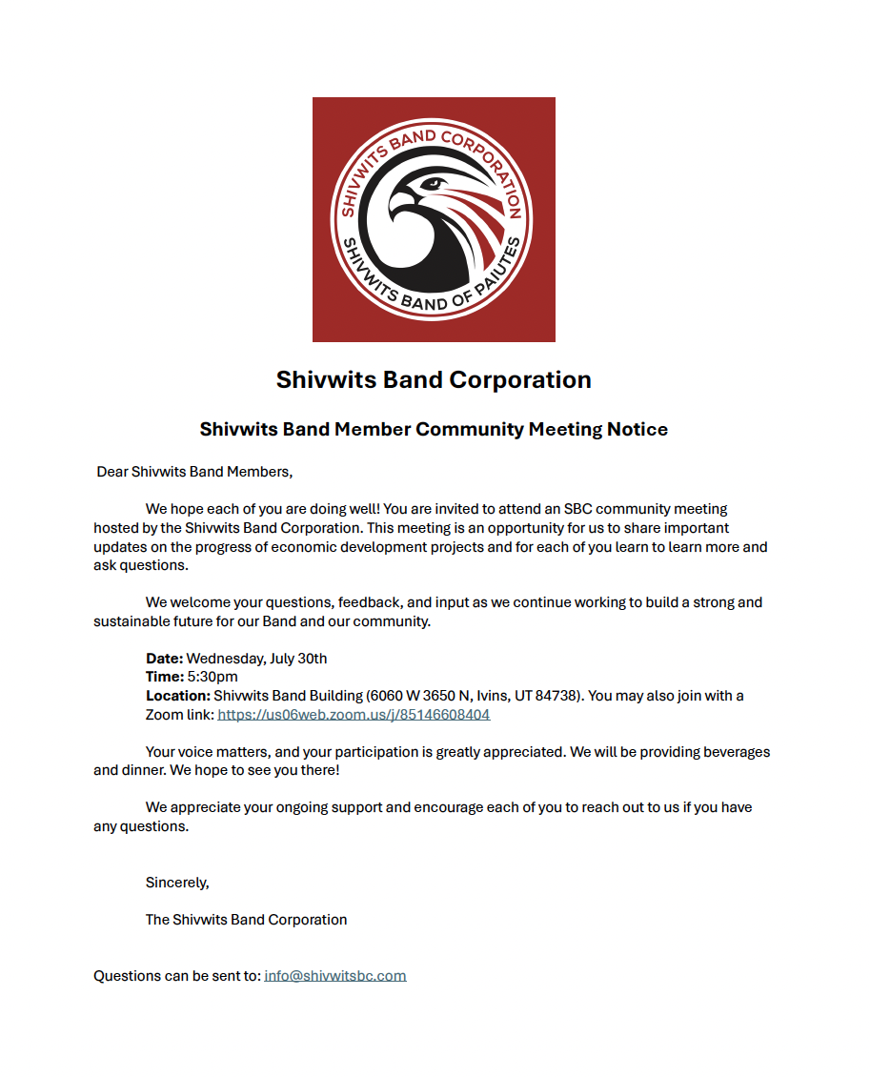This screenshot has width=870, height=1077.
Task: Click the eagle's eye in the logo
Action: pos(434,183)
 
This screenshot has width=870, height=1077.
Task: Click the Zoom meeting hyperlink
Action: pos(354,714)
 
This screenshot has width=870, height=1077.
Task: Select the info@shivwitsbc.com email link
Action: pos(335,975)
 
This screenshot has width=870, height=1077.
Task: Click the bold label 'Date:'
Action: pos(164,658)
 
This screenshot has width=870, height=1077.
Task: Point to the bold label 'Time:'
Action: pos(164,677)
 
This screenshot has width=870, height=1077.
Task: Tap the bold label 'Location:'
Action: pos(177,696)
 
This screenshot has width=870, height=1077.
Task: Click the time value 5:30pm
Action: pos(213,677)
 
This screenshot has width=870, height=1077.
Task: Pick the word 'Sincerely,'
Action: pos(177,882)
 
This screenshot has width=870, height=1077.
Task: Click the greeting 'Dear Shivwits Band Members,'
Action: pos(194,472)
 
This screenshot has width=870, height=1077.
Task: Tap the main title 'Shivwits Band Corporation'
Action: pos(434,379)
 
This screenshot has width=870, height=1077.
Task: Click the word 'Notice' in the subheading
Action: pos(637,429)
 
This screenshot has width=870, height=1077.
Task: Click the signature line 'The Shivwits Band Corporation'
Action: pos(246,920)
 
